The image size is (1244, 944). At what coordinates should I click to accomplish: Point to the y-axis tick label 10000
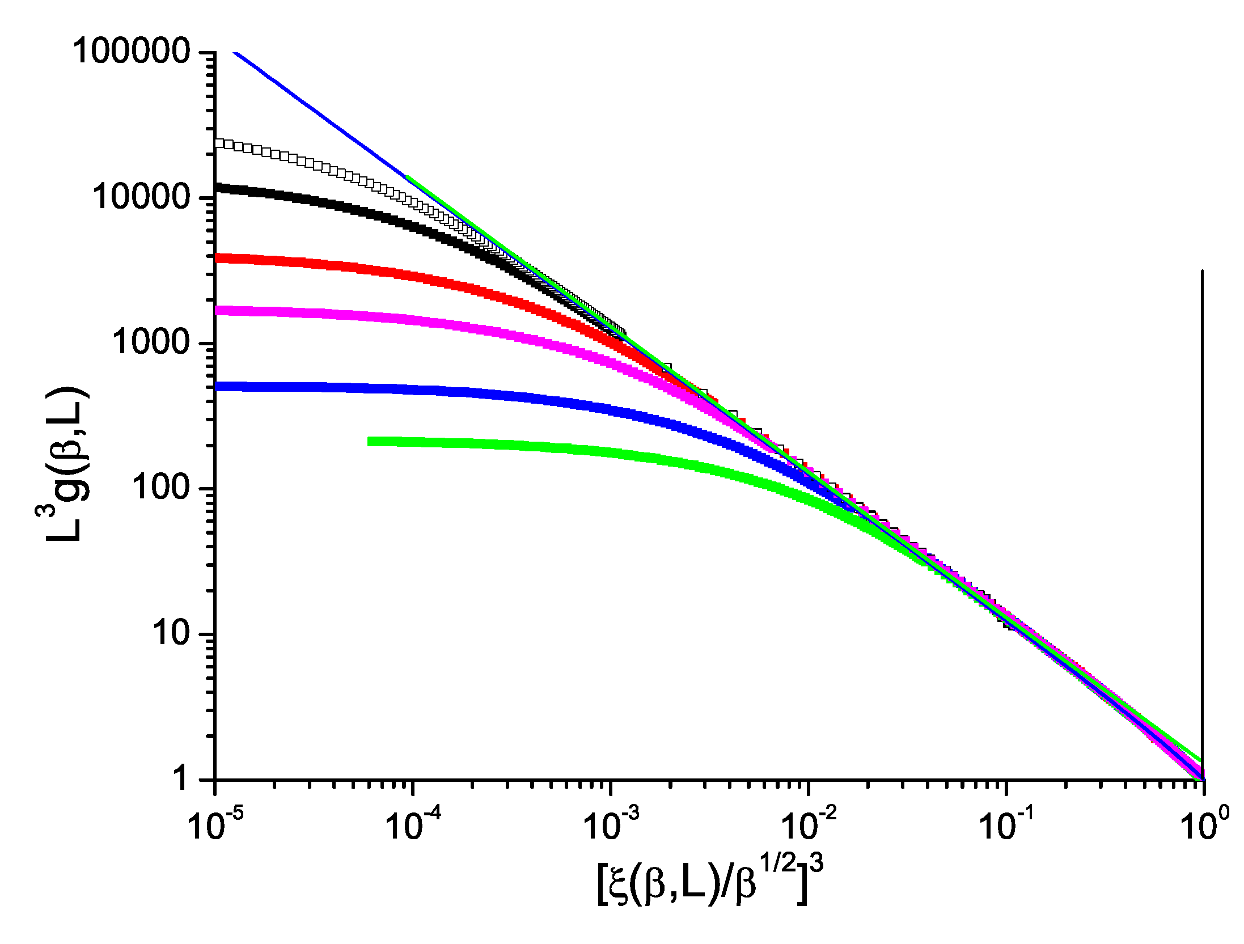(x=141, y=197)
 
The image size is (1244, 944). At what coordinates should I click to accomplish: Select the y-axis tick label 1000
(x=150, y=342)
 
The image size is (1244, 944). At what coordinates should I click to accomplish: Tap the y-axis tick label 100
(x=160, y=488)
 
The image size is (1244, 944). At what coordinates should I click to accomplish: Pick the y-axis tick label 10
(x=170, y=633)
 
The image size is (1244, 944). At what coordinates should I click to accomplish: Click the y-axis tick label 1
(x=180, y=778)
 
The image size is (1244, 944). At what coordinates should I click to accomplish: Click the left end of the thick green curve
(x=370, y=441)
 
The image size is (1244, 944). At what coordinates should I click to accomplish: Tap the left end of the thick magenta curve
(x=218, y=311)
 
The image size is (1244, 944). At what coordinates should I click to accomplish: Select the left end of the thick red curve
(x=218, y=259)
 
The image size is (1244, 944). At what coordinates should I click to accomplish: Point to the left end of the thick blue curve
(x=218, y=387)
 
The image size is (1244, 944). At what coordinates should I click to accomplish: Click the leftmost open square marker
(x=219, y=143)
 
